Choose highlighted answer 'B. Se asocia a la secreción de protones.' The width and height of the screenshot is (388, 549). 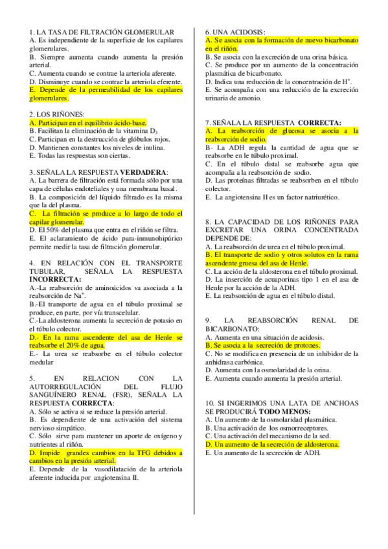[263, 345]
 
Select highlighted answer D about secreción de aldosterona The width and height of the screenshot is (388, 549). [273, 444]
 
